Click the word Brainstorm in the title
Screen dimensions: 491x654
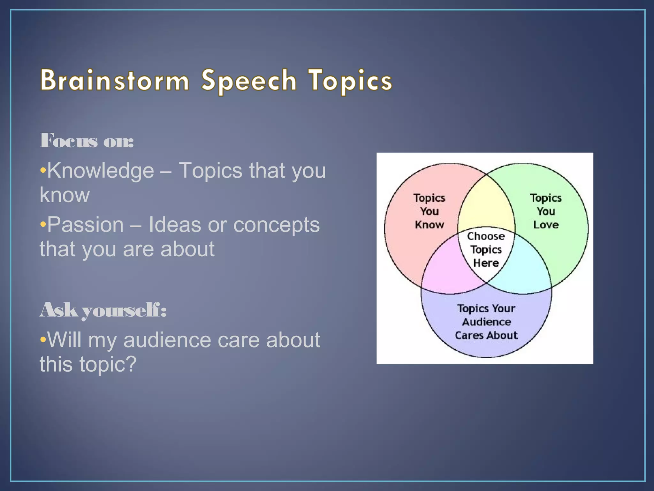(x=115, y=81)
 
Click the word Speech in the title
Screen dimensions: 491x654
(x=249, y=81)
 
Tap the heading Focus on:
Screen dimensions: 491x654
(x=87, y=140)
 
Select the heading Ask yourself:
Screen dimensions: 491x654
(x=103, y=310)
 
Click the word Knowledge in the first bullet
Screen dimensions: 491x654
(x=101, y=170)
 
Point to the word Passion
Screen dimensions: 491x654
(x=85, y=225)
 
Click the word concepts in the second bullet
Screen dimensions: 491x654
(x=276, y=225)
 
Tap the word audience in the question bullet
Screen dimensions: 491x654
(x=167, y=339)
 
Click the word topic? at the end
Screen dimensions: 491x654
(x=108, y=364)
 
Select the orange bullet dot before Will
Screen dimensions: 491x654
(x=43, y=339)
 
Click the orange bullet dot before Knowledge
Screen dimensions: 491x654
(x=43, y=170)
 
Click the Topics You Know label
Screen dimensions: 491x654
(x=429, y=211)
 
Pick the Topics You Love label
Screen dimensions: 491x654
(x=546, y=211)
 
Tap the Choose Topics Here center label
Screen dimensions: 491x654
(x=486, y=250)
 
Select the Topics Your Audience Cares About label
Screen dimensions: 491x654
(x=486, y=322)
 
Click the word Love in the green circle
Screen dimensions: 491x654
(x=546, y=225)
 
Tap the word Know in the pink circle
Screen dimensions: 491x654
(x=429, y=225)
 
